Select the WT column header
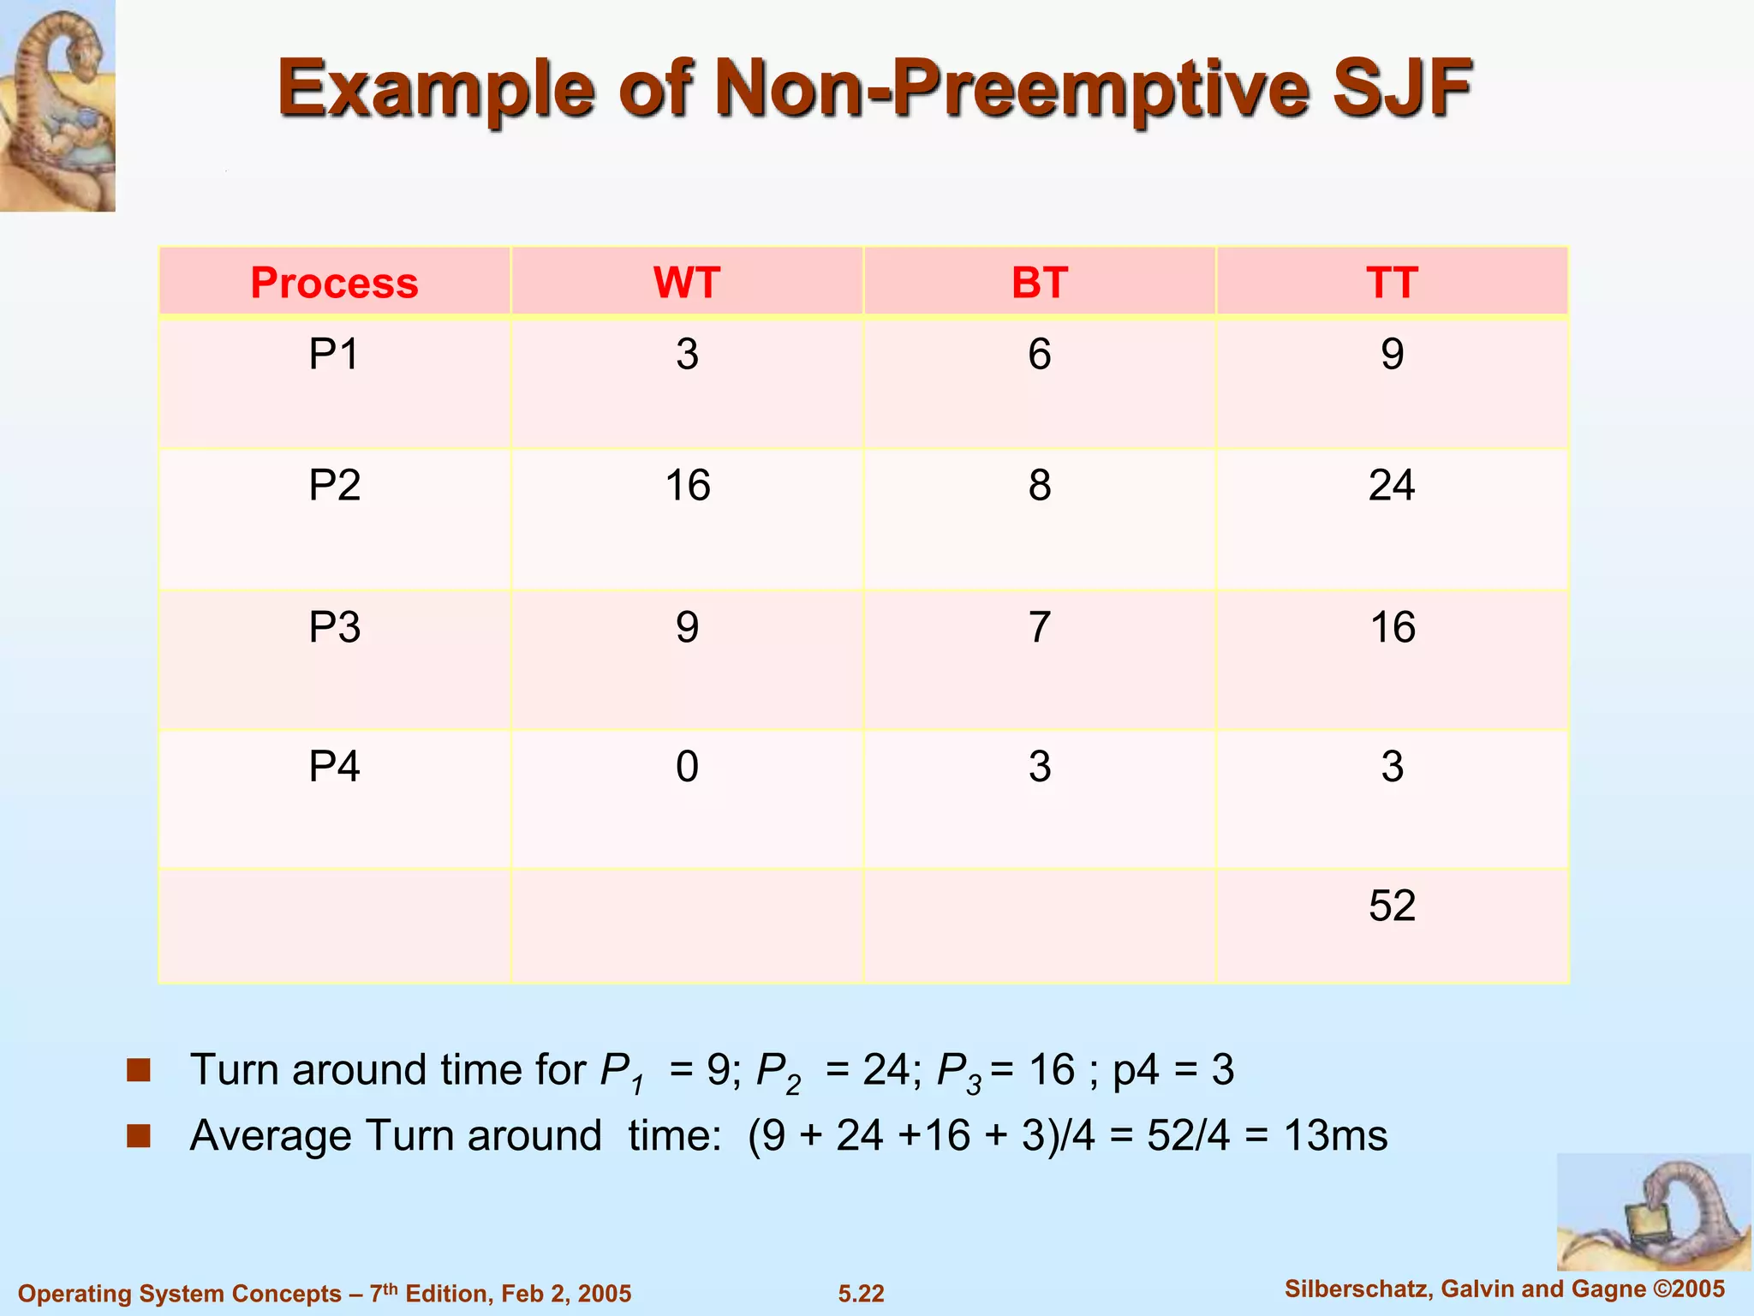coord(687,283)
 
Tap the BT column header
coord(1040,283)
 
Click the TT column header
coord(1392,283)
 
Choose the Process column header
coord(334,283)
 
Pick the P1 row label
coord(334,354)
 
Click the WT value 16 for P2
coord(687,486)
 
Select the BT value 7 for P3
coord(1040,627)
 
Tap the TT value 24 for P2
coord(1392,486)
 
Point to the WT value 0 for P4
coord(687,766)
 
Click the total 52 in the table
coord(1392,906)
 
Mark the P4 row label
coord(334,766)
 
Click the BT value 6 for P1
coord(1040,354)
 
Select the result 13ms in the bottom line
coord(1335,1135)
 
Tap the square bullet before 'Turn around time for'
coord(139,1069)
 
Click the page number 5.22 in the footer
coord(861,1293)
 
